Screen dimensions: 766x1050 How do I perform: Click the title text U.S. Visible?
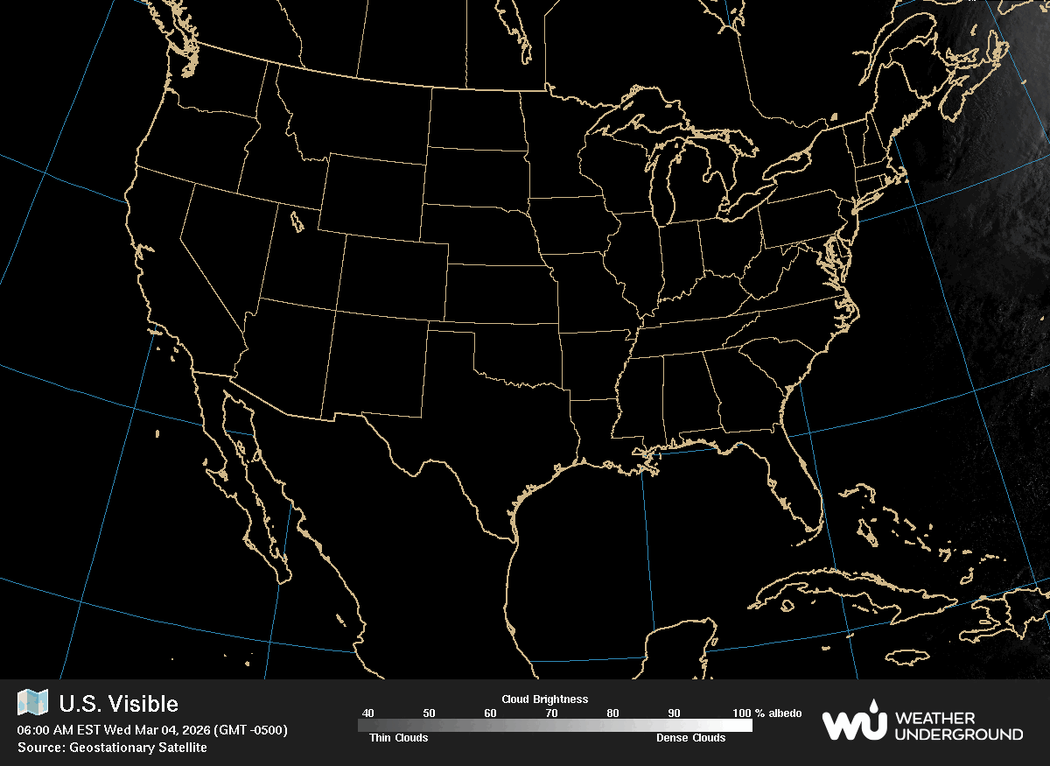tap(118, 704)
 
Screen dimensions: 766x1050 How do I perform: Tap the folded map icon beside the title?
tap(33, 702)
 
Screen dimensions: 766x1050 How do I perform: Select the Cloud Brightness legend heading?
tap(544, 699)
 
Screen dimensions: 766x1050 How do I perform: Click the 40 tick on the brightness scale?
tap(367, 713)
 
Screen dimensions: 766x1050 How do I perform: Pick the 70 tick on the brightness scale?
tap(551, 713)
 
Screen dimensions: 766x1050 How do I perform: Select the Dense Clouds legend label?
tap(690, 738)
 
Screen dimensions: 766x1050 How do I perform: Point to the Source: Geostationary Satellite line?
tap(112, 748)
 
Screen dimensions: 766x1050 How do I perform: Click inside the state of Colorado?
tap(389, 276)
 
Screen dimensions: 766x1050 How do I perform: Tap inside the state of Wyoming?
tap(372, 197)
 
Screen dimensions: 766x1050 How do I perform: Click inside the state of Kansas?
tap(499, 293)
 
